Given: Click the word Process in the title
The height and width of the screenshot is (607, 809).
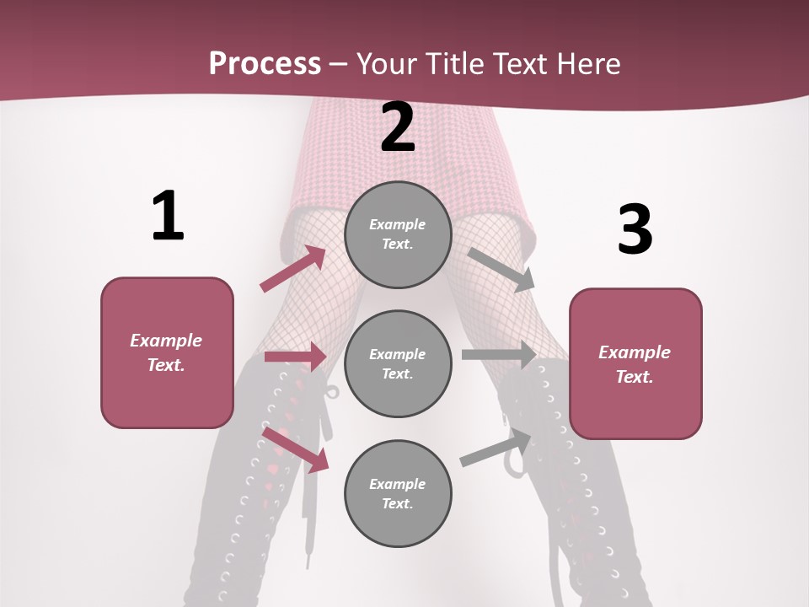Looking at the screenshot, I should [265, 64].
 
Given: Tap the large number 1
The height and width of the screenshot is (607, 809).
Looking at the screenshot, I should [168, 216].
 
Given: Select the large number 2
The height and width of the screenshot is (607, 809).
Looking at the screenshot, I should [398, 127].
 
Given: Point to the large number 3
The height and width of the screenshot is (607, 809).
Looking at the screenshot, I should [635, 229].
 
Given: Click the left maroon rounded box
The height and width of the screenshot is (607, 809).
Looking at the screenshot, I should [167, 352].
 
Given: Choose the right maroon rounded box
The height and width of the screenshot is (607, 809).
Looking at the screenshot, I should [635, 363].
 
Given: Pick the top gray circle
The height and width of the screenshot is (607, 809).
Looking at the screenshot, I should [398, 234].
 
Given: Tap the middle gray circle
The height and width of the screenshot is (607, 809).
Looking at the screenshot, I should [398, 363].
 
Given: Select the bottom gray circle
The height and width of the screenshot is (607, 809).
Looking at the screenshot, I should [398, 493].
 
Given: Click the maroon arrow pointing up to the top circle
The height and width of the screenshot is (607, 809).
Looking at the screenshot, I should [293, 269].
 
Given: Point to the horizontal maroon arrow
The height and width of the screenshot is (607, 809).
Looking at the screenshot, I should [295, 357].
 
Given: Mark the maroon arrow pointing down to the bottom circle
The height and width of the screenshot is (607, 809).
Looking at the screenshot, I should [295, 449].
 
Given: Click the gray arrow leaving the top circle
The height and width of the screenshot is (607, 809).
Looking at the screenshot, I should [501, 270].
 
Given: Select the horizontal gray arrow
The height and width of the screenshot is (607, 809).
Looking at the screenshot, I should [499, 355].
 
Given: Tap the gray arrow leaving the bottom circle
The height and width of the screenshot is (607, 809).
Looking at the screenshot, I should [497, 448].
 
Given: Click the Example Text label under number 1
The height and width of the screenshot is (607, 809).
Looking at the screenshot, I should [167, 352].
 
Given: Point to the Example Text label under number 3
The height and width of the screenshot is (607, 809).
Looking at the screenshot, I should [635, 364].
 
